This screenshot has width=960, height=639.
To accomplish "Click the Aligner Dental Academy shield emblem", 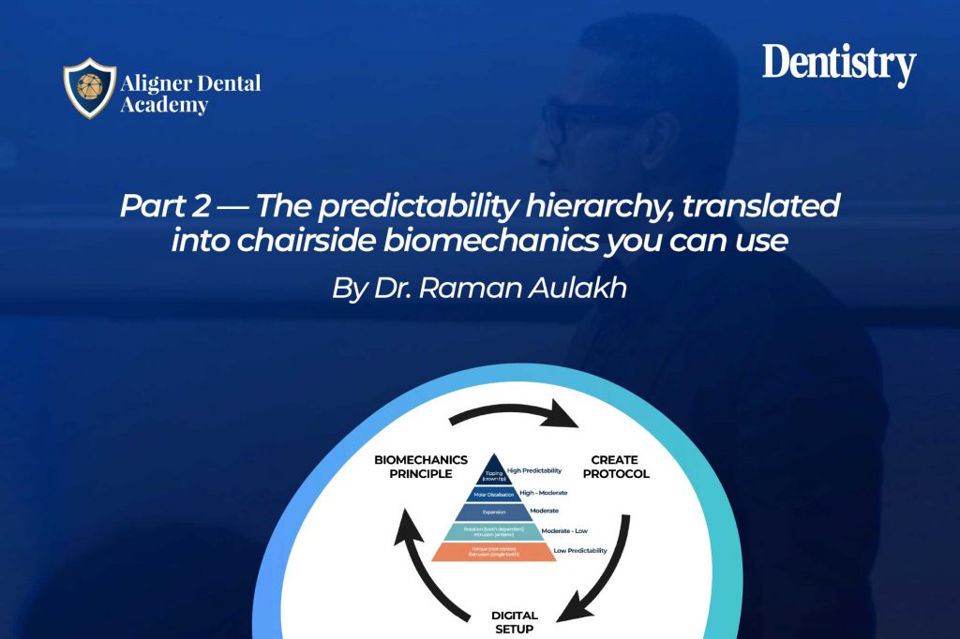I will [90, 90].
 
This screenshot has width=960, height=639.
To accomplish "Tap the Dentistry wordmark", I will [838, 66].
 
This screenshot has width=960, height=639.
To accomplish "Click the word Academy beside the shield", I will [164, 105].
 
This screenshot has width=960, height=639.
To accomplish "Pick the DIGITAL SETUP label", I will [515, 621].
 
